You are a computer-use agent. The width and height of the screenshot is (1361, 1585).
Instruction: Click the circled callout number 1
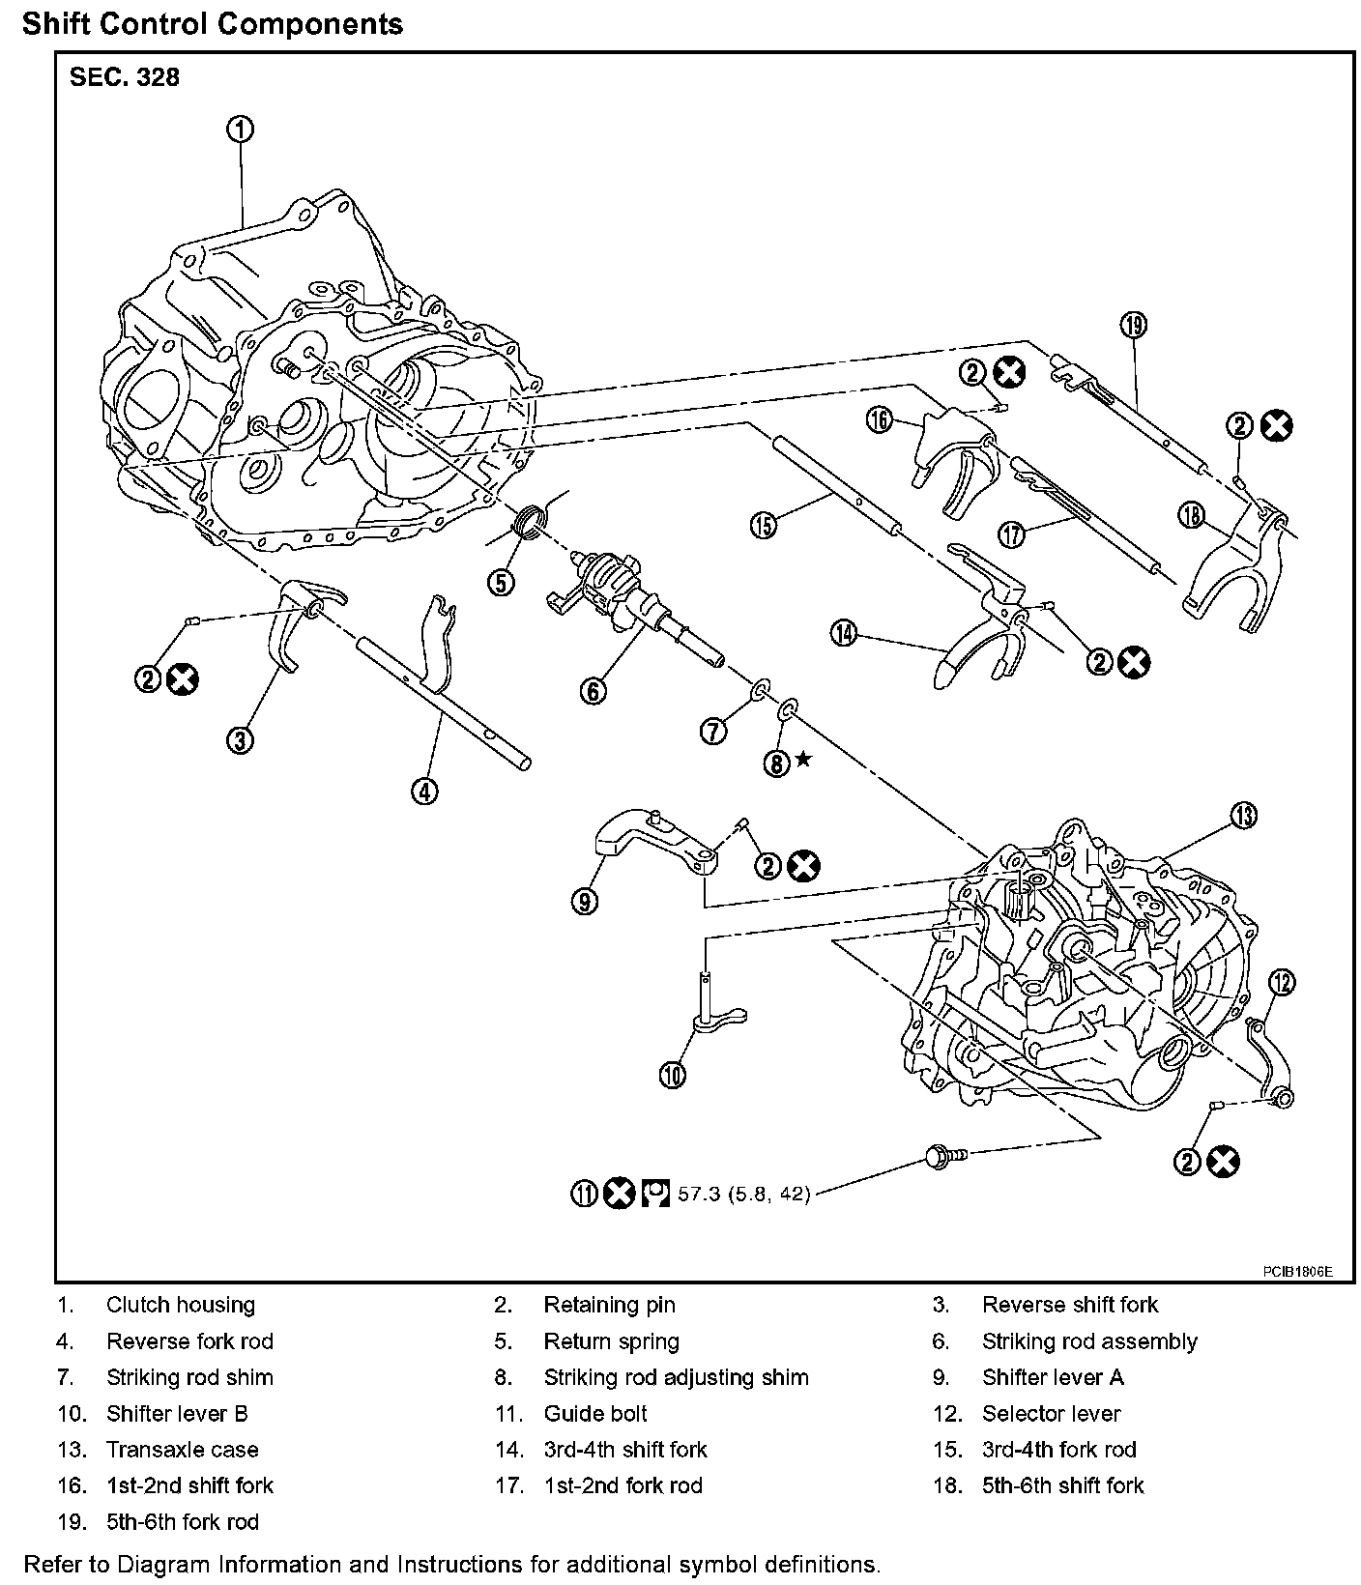[241, 129]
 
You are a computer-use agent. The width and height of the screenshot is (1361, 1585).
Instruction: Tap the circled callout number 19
[1133, 326]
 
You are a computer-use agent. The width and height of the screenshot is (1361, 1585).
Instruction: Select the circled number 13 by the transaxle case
[1243, 816]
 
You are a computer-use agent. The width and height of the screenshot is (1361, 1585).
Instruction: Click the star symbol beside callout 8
[803, 761]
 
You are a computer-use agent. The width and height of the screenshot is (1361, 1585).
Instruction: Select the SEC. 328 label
[125, 77]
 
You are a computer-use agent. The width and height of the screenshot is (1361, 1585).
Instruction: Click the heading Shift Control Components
[213, 23]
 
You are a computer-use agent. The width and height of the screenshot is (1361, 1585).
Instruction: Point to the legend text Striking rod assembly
[1089, 1341]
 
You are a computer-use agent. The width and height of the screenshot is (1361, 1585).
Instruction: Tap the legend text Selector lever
[1051, 1414]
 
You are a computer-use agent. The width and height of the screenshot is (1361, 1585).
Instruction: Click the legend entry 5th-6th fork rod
[183, 1522]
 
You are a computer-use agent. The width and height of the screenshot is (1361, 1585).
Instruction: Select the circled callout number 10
[673, 1074]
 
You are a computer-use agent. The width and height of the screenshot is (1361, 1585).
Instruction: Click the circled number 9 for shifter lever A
[584, 901]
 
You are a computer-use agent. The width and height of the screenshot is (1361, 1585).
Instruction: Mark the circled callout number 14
[843, 633]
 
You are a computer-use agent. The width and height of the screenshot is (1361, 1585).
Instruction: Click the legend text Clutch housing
[181, 1305]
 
